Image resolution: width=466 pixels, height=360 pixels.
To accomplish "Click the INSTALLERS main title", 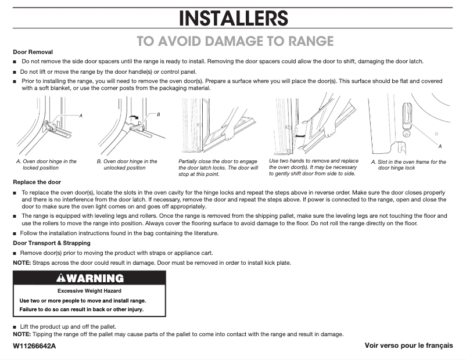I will [x=233, y=18].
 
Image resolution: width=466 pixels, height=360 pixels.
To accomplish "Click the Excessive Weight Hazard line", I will [x=89, y=290].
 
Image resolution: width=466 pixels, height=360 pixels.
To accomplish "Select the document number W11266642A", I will [x=35, y=345].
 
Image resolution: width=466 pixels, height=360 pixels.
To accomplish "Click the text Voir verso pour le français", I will [x=408, y=345].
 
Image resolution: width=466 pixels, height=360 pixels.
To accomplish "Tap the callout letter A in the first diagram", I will [x=81, y=116].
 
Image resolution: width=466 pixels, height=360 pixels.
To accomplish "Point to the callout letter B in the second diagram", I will [x=158, y=114].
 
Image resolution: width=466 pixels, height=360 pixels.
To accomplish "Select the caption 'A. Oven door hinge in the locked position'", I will [x=46, y=164].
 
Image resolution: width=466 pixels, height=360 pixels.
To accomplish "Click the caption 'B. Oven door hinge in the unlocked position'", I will [x=127, y=164].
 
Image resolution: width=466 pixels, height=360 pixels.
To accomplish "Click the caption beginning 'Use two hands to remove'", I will [x=314, y=167].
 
